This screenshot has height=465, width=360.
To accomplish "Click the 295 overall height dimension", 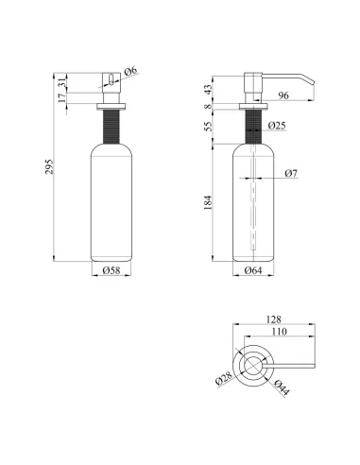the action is [x=50, y=167].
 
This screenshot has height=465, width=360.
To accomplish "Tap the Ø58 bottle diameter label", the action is [x=111, y=270].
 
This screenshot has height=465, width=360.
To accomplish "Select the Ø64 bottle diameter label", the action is [x=253, y=270].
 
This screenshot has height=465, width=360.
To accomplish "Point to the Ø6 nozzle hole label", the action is [x=131, y=71].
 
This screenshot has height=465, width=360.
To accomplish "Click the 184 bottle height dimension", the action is [x=208, y=202].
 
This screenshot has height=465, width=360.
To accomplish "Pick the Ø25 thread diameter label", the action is [x=277, y=126].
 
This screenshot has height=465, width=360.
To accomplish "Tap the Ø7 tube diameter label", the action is [x=291, y=173].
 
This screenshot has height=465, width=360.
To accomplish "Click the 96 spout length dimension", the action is [x=283, y=95].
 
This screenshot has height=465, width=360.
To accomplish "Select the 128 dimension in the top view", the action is [x=273, y=319].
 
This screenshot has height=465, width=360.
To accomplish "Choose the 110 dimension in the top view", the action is [x=279, y=332].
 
